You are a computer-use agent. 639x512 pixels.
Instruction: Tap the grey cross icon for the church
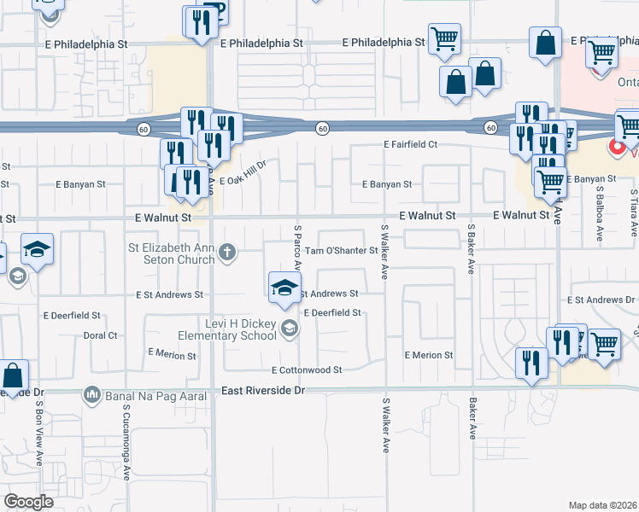227,251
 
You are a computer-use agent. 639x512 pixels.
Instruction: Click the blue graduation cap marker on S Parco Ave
285,287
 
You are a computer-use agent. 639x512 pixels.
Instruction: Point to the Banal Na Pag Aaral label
150,396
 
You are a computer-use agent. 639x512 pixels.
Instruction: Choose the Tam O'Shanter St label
342,251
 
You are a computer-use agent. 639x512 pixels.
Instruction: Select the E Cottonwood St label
307,370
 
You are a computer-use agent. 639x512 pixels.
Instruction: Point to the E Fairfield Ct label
410,145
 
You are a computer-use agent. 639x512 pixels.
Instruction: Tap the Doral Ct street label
101,335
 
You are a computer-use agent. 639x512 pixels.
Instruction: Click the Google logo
28,502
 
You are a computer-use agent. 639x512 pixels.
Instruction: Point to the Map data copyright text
603,505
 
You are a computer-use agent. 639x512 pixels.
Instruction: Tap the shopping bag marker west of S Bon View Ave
13,375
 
